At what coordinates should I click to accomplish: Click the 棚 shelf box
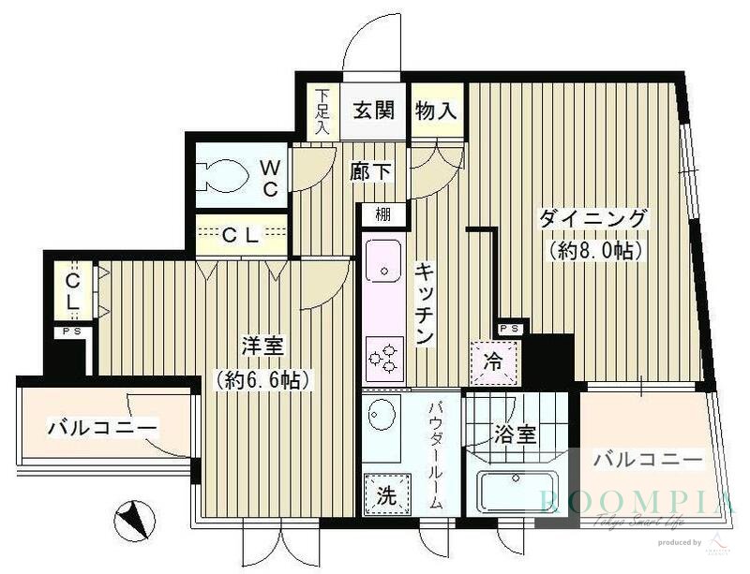point(382,214)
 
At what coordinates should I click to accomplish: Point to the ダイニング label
point(592,219)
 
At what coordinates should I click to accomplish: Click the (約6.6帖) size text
point(262,379)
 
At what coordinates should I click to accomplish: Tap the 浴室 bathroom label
point(515,434)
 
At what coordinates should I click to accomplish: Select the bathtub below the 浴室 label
point(517,491)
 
